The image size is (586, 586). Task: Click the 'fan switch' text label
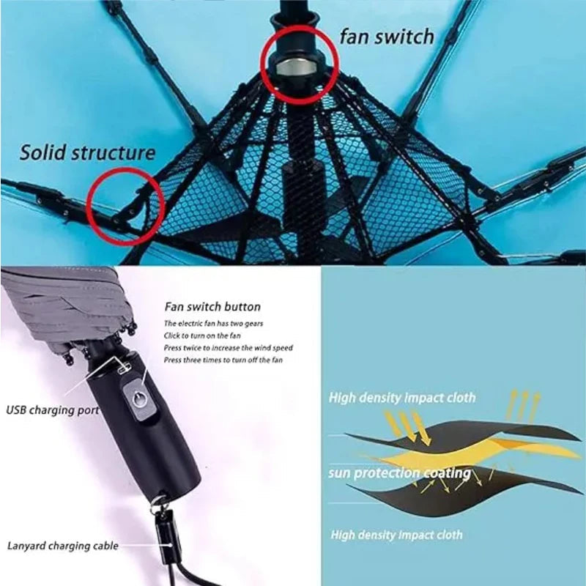387,37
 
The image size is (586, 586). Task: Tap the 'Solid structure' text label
87,152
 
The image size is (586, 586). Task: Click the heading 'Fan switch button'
212,307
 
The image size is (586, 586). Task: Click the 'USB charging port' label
53,410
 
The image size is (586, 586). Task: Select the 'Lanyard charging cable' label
62,546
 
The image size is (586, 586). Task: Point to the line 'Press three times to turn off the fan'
223,360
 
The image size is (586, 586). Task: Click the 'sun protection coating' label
399,473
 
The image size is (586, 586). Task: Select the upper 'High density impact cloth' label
401,398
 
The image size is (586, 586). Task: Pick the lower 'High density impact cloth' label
396,535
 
